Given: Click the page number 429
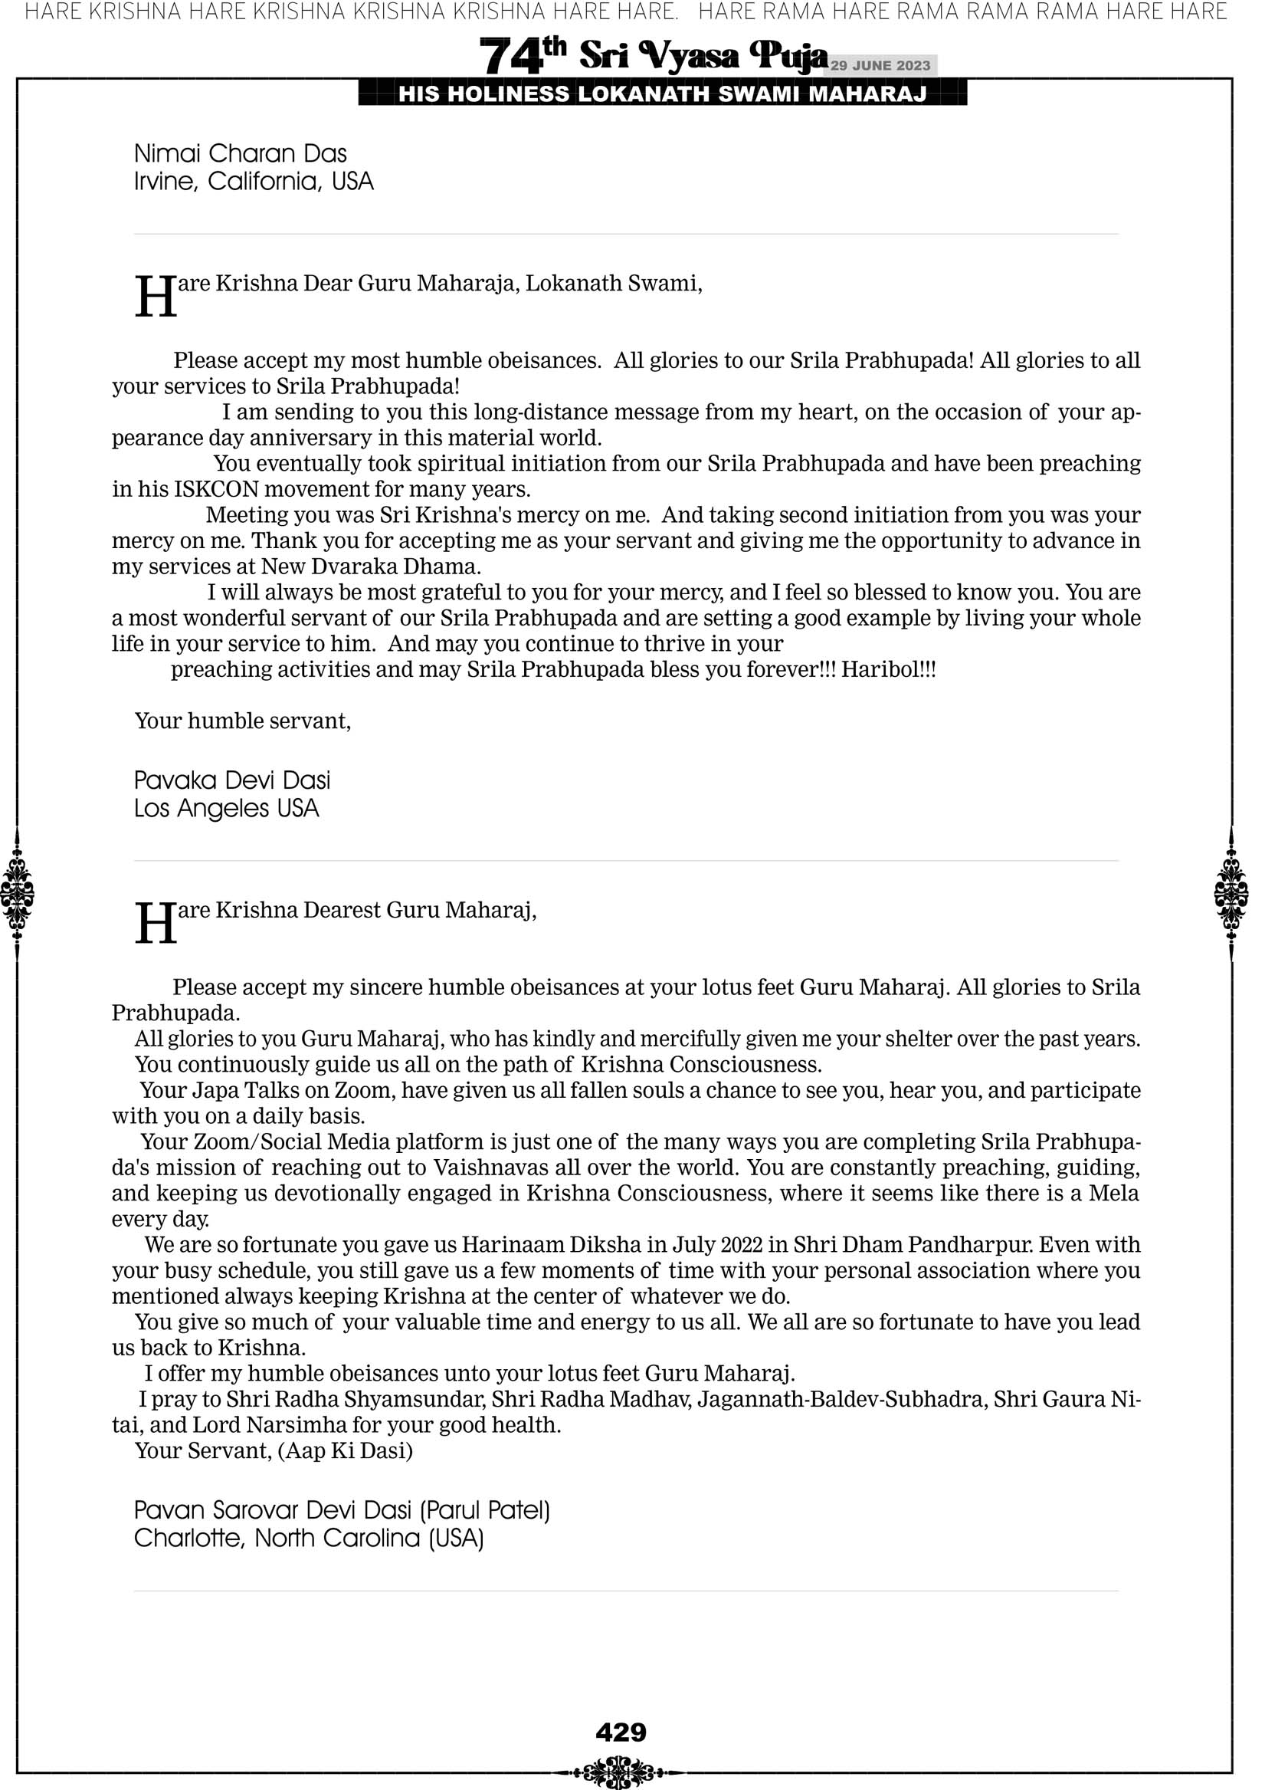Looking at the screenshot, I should point(621,1732).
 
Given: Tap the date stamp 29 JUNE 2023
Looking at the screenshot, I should point(880,65).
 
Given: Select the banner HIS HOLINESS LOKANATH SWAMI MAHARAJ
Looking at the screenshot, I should point(662,94).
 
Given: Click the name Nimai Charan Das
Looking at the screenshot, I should point(240,153).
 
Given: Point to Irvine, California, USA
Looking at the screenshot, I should point(254,182).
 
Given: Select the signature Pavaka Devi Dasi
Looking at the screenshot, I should point(232,780).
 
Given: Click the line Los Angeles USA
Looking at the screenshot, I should point(226,809).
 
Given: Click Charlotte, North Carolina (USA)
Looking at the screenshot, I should point(309,1539).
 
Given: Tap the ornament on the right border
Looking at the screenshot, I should point(1231,893).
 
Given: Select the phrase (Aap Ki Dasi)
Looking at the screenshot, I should point(345,1451).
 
